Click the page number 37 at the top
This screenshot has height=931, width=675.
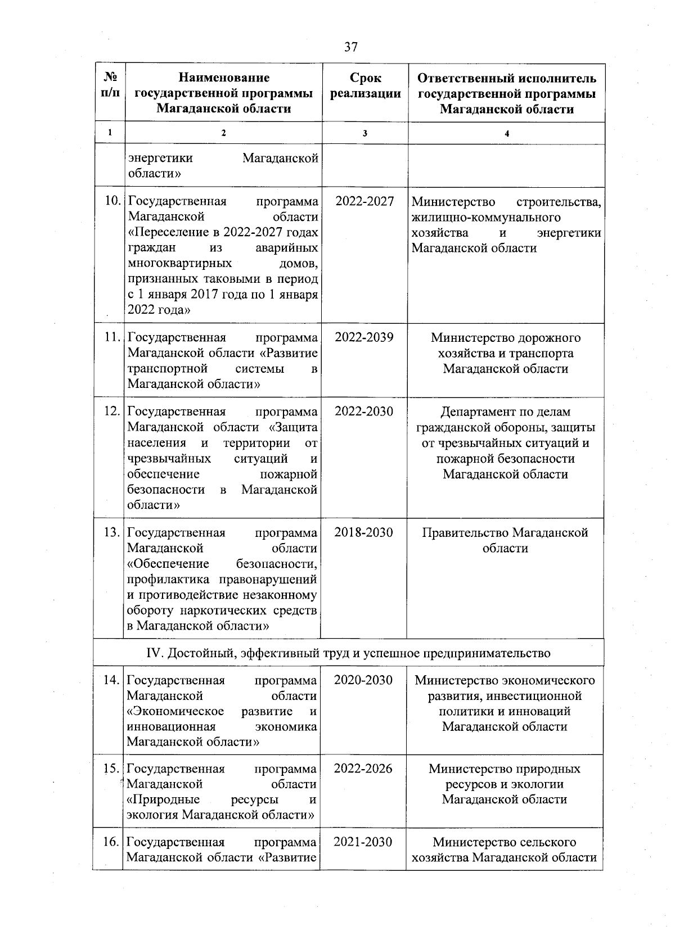(x=350, y=47)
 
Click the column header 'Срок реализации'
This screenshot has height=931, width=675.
(x=365, y=86)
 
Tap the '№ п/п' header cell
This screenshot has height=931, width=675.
(x=110, y=85)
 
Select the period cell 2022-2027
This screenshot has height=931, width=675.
(x=364, y=201)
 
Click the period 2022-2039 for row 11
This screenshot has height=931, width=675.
(x=364, y=337)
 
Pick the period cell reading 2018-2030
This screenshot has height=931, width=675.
(x=363, y=532)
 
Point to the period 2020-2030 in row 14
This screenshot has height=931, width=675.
(x=363, y=680)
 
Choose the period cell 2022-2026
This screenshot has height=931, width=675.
(x=363, y=768)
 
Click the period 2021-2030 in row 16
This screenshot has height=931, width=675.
(x=363, y=842)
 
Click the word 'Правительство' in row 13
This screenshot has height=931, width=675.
(x=466, y=532)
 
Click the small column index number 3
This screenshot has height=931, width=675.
(x=365, y=133)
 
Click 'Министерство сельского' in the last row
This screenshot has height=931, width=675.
(x=505, y=842)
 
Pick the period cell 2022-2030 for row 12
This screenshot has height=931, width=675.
(x=364, y=411)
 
